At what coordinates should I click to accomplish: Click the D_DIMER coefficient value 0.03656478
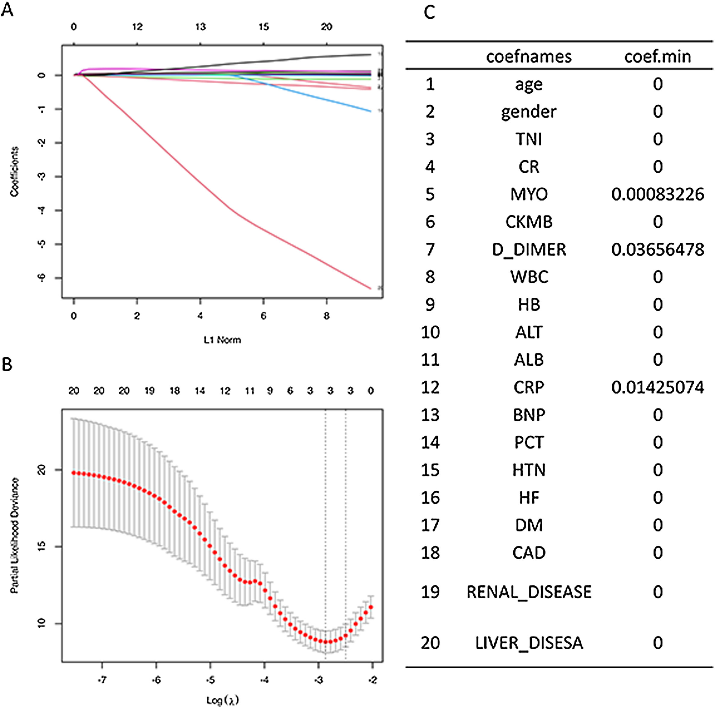click(657, 250)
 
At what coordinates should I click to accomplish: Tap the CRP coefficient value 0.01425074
click(657, 387)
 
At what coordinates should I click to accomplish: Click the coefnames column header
click(529, 57)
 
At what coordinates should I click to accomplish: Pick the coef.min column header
click(657, 57)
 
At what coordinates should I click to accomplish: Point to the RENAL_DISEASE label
click(529, 592)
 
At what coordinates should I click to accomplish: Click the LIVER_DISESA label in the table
click(529, 643)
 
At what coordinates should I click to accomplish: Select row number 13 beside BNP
click(430, 415)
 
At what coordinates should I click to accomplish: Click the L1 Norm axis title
click(222, 340)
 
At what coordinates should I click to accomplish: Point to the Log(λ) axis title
click(222, 700)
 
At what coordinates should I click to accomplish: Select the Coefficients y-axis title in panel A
click(14, 171)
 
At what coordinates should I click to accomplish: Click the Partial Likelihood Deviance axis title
click(14, 536)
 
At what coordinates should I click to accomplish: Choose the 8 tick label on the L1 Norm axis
click(326, 316)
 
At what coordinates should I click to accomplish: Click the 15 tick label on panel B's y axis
click(42, 546)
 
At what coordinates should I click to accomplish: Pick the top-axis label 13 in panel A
click(200, 27)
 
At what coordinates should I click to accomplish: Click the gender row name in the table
click(529, 112)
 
